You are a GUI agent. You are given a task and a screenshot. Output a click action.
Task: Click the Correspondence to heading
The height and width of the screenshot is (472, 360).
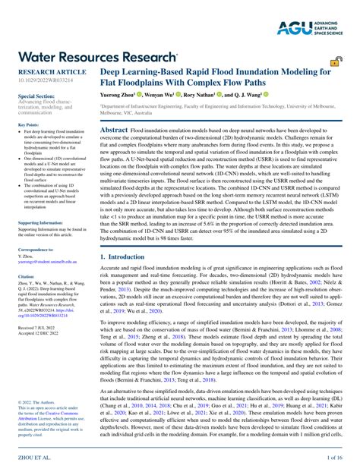[36, 249]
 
